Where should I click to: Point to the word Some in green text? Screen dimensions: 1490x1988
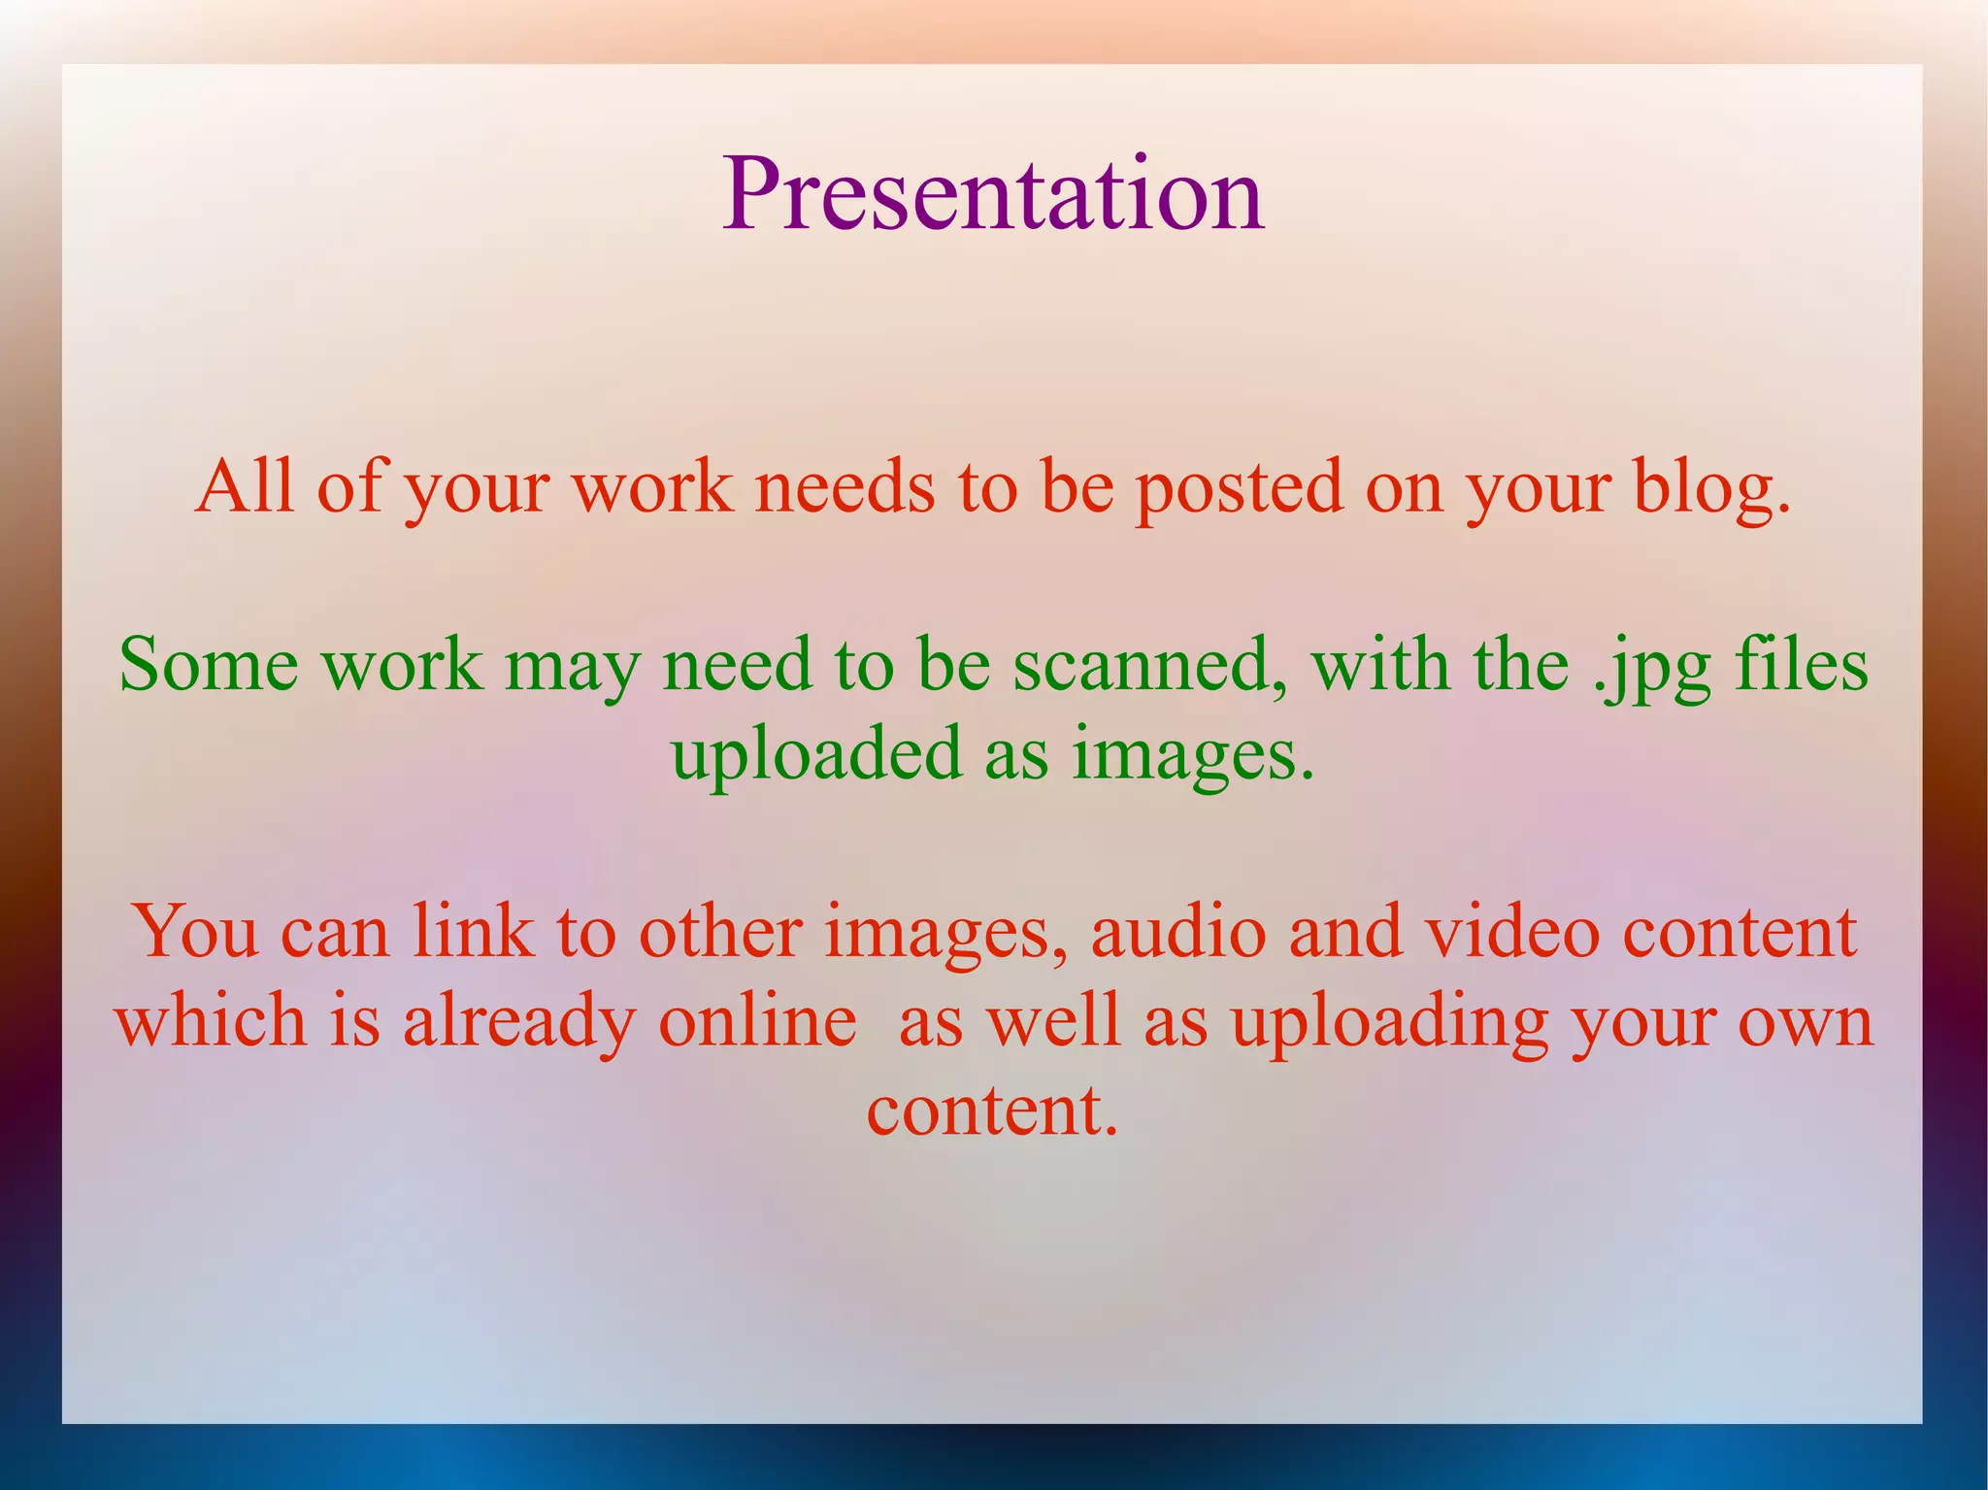[208, 665]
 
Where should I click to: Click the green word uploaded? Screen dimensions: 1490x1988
[815, 756]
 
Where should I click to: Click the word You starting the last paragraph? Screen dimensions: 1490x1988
[194, 932]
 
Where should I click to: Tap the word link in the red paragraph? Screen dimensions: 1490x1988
[473, 932]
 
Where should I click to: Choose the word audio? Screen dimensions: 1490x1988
[1177, 932]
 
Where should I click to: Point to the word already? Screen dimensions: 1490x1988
[518, 1022]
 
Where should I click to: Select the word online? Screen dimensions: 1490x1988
[757, 1021]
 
